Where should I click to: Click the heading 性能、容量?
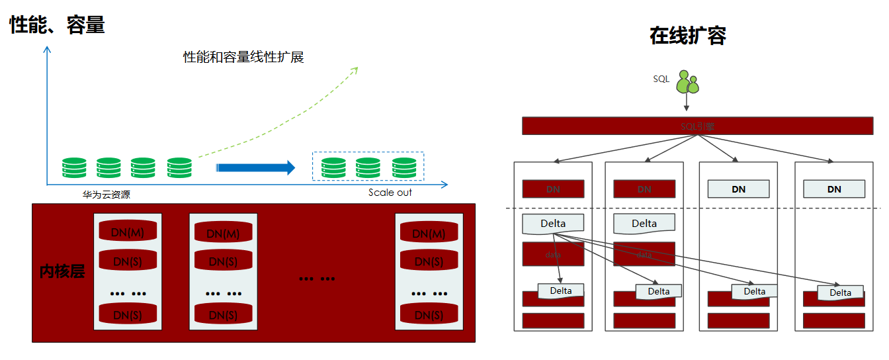(57, 25)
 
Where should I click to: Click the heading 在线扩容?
(687, 36)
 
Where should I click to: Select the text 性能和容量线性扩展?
(243, 57)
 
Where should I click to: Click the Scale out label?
(390, 193)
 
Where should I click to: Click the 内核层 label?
(62, 271)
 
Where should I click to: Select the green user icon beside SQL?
(687, 81)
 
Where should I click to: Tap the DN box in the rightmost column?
(834, 189)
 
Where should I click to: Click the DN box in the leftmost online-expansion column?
(553, 189)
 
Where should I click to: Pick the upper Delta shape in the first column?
(553, 224)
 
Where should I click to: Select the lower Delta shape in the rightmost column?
(840, 292)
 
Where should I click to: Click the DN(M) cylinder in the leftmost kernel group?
(128, 232)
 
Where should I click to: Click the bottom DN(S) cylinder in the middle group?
(223, 314)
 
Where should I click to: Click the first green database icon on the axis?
(74, 167)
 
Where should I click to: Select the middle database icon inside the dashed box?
(368, 167)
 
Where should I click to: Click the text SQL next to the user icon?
(661, 79)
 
